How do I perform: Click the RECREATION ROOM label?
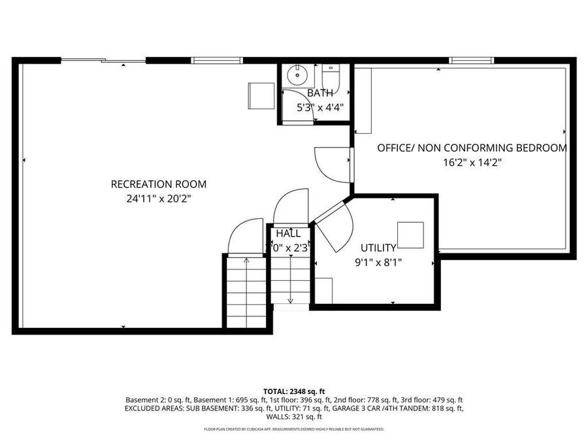pos(159,184)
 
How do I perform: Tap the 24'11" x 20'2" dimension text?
pos(159,198)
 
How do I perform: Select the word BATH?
pos(319,93)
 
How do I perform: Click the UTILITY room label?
pos(378,248)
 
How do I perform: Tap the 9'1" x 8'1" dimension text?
pos(378,262)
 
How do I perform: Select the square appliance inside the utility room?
pos(410,235)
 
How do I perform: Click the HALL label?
pos(288,233)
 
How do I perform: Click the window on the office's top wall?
pos(470,61)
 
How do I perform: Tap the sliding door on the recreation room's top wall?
pos(103,61)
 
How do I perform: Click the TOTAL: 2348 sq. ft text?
pos(293,390)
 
